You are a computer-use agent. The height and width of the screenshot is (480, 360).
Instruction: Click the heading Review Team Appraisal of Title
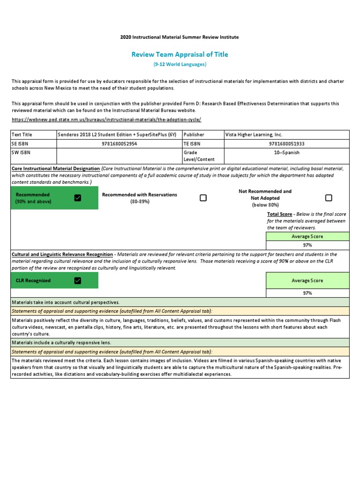pos(180,54)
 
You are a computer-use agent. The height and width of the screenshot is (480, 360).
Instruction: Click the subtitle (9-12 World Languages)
pos(180,64)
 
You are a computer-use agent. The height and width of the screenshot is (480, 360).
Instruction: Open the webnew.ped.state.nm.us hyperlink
pos(106,120)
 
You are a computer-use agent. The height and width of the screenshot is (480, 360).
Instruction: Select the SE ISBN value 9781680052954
pos(119,144)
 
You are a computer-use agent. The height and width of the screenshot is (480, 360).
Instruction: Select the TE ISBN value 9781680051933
pos(286,144)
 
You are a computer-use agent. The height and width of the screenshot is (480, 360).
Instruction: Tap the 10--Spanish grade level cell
pos(286,153)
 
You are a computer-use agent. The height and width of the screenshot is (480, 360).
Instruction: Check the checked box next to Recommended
pos(78,198)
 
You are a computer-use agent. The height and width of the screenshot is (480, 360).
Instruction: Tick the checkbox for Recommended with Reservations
pos(203,198)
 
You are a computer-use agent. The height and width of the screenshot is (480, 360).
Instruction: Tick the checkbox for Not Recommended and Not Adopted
pos(329,198)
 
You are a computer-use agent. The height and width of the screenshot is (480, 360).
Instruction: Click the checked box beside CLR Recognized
pos(78,280)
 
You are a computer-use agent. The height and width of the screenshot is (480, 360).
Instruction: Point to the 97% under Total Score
pos(307,245)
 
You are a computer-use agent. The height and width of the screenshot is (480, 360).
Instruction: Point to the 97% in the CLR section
pos(307,293)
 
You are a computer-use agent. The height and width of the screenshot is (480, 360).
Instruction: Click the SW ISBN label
pos(22,153)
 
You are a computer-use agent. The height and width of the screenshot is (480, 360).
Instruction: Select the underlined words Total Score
pos(280,214)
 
